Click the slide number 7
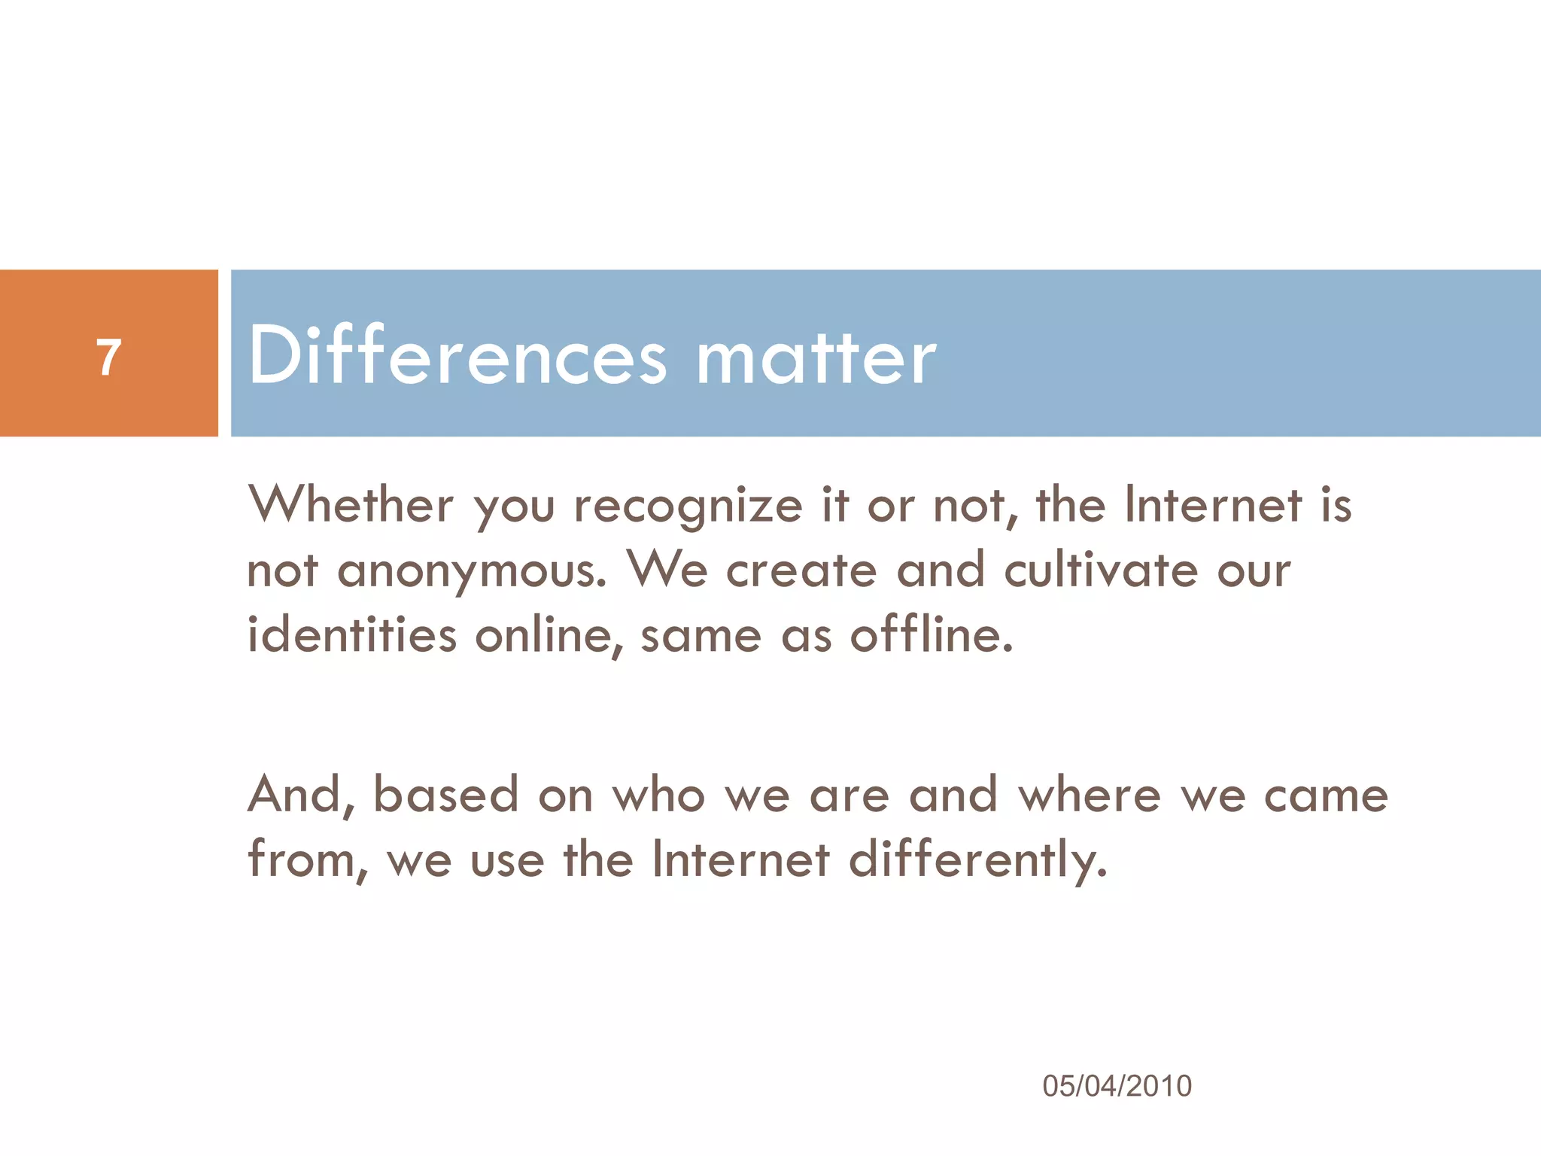tap(109, 357)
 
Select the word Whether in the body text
tap(351, 504)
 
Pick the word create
tap(801, 570)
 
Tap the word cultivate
tap(1101, 570)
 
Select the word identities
tap(351, 635)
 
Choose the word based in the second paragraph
tap(446, 795)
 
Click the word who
tap(658, 795)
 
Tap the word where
tap(1090, 795)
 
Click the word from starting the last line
tap(307, 859)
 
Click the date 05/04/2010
tap(1117, 1086)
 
